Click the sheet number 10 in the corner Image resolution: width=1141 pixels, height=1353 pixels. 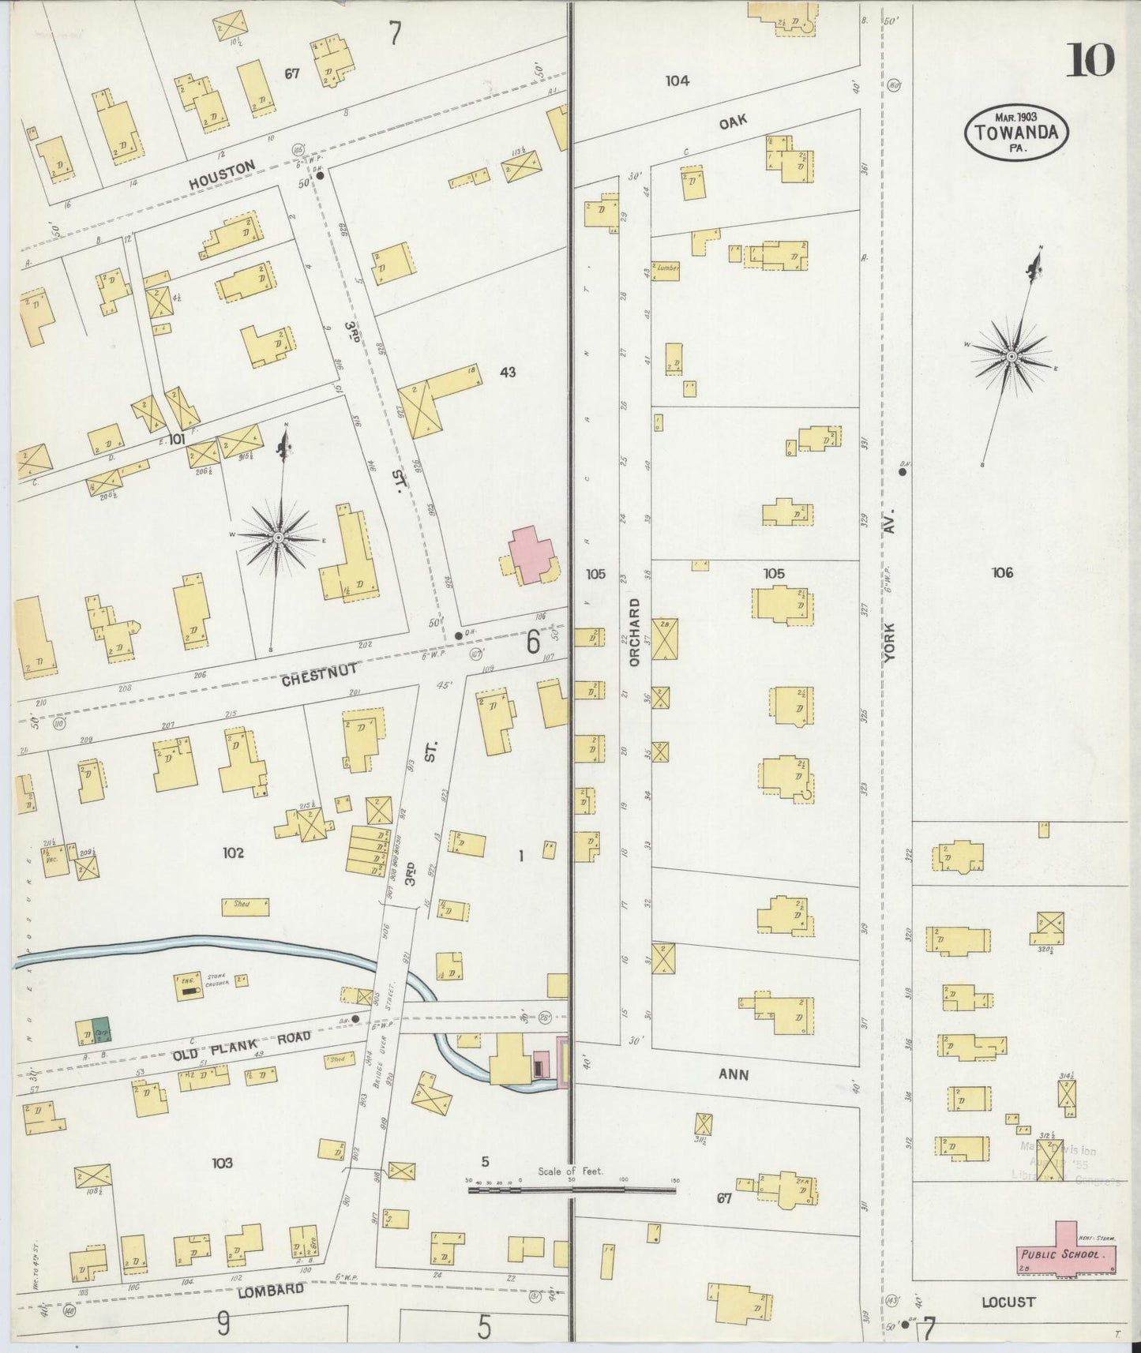(1091, 60)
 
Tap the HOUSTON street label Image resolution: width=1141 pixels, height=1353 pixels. (222, 174)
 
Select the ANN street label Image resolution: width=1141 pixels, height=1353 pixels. (734, 1074)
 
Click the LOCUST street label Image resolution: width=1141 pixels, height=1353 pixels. (1008, 1302)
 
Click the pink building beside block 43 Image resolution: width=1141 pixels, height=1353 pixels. (532, 553)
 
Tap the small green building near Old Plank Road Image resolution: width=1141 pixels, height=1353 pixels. (101, 1030)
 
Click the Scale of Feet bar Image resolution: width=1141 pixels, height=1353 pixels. (572, 1189)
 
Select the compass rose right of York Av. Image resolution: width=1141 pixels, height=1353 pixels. (1012, 357)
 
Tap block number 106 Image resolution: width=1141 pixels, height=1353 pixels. (1003, 573)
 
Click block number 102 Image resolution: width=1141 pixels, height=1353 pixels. (233, 853)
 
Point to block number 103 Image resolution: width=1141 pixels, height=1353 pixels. (222, 1163)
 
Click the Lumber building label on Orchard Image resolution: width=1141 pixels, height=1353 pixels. (666, 268)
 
